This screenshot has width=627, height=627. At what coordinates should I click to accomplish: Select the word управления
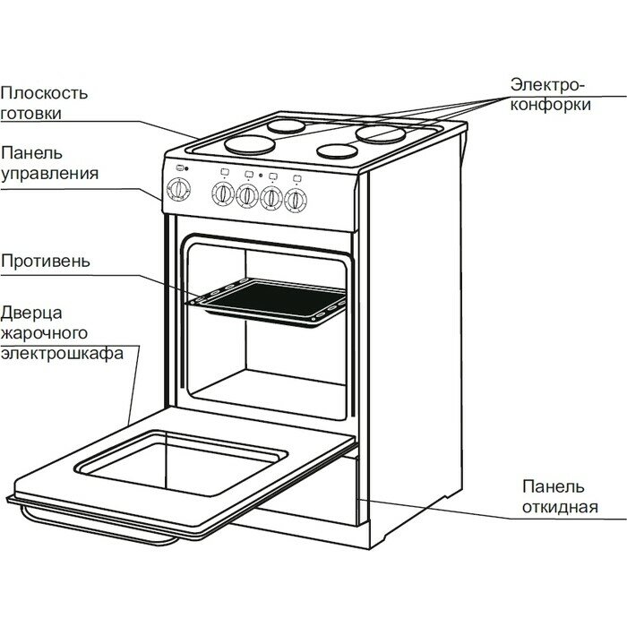point(49,173)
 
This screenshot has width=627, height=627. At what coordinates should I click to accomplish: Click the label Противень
point(45,262)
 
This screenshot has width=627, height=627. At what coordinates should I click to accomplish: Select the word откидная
point(560,508)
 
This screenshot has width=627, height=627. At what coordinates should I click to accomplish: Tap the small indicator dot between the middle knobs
point(258,176)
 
